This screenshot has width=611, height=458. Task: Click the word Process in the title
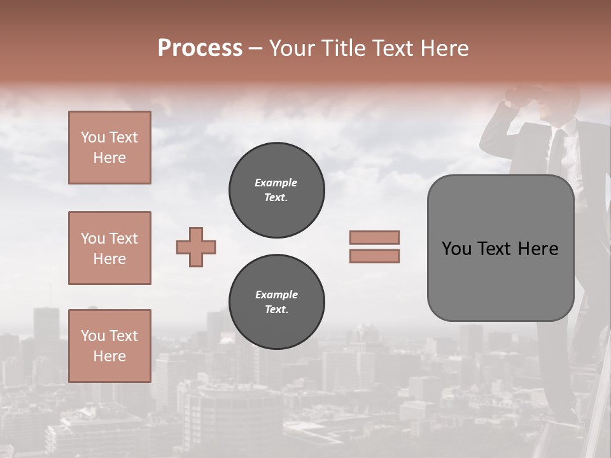pos(200,48)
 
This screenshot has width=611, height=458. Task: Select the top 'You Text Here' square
pos(109,148)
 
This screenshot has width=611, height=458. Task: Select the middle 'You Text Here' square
pos(109,248)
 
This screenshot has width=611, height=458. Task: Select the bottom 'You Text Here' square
pos(109,346)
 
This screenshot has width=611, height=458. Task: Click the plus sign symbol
pos(196,247)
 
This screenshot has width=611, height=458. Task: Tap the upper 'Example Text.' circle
pos(277,190)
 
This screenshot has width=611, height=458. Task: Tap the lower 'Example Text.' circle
pos(277,302)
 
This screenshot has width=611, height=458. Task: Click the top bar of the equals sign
pos(374,237)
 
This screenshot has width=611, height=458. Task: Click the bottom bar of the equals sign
pos(374,256)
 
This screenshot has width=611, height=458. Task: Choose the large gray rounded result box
pos(500,248)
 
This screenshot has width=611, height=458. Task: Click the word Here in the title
pos(446,48)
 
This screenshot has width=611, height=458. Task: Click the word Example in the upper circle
pos(276,183)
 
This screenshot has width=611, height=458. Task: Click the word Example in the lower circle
pos(276,295)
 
